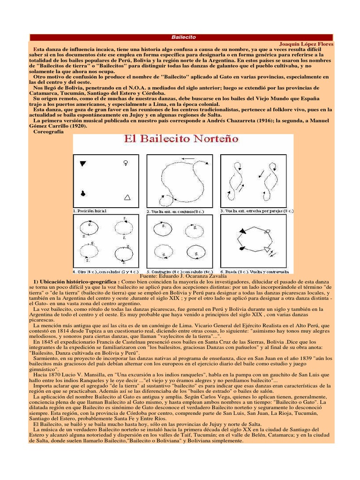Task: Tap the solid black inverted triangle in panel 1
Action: click(x=83, y=164)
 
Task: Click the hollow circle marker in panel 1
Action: click(x=126, y=163)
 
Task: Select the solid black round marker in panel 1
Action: click(x=83, y=193)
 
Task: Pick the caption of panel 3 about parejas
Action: click(x=256, y=211)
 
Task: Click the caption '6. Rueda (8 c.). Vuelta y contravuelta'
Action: click(x=256, y=271)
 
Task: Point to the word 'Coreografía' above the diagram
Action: click(x=48, y=132)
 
